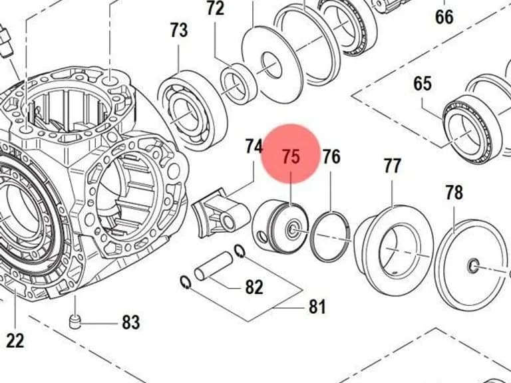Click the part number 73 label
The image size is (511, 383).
pos(179,31)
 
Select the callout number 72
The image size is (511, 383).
pos(216,9)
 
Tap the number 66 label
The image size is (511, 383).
pos(444,17)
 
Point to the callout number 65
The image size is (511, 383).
pos(423,83)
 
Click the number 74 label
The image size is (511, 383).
pos(254,146)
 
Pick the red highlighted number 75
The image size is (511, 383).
pos(291,156)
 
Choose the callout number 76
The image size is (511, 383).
pos(331,157)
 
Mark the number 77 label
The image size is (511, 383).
pos(392,166)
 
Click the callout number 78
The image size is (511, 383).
pos(454,192)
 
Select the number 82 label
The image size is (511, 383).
pos(254,287)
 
